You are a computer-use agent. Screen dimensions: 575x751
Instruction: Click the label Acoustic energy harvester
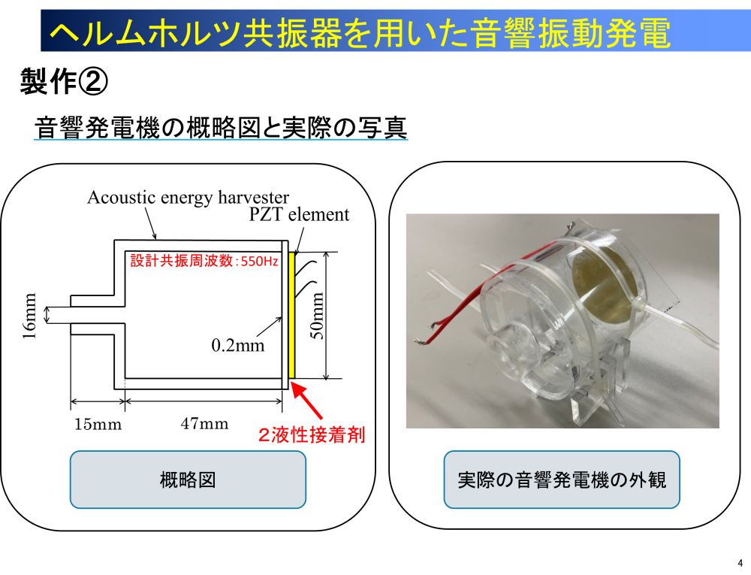(188, 198)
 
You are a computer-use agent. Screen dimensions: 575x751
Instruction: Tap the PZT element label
(300, 215)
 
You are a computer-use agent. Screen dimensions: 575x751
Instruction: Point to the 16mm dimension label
(29, 316)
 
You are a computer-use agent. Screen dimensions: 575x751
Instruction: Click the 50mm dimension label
(318, 315)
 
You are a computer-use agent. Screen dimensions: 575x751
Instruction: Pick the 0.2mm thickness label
(238, 345)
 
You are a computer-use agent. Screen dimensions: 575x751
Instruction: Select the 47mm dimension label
(204, 423)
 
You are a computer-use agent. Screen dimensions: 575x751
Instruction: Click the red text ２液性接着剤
(311, 435)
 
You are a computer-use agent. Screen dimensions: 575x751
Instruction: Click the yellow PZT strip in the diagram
(292, 315)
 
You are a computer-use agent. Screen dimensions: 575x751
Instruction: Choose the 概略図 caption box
(188, 480)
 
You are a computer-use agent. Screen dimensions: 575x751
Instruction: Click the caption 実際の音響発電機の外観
(562, 480)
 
